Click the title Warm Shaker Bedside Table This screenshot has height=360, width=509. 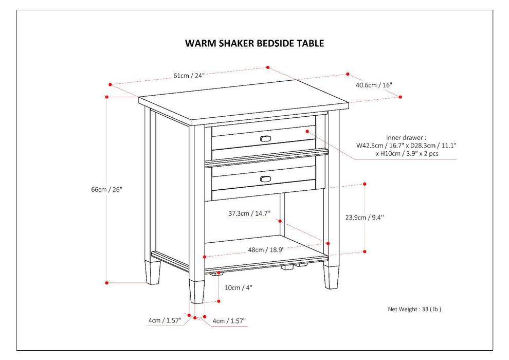pos(254,43)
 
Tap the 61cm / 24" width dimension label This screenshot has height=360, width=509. pos(189,76)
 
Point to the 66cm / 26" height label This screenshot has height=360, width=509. pos(107,189)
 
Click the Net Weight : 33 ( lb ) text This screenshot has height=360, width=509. pos(414,309)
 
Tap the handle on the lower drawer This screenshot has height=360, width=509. pos(265,178)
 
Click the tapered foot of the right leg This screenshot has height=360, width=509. pos(330,277)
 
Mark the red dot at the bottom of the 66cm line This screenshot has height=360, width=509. pos(107,282)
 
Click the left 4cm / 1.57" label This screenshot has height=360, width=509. pos(165,321)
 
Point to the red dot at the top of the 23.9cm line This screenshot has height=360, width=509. pos(365,184)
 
